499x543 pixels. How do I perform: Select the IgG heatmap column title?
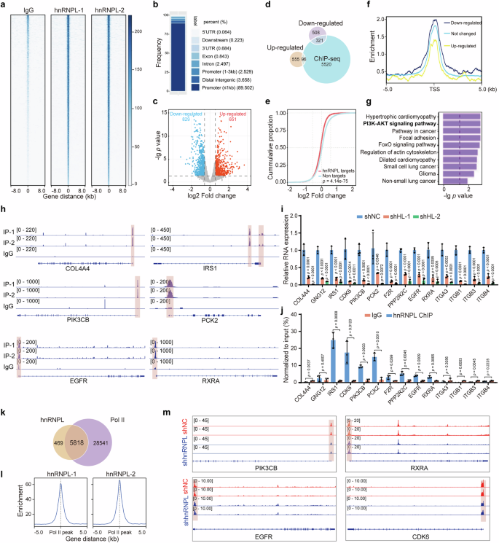(28, 9)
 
